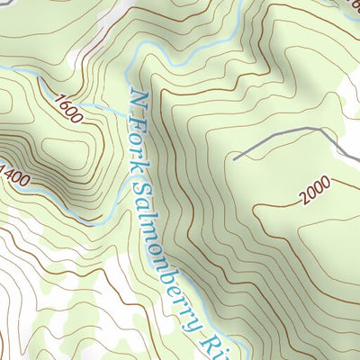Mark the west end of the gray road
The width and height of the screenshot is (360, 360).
click(x=235, y=159)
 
